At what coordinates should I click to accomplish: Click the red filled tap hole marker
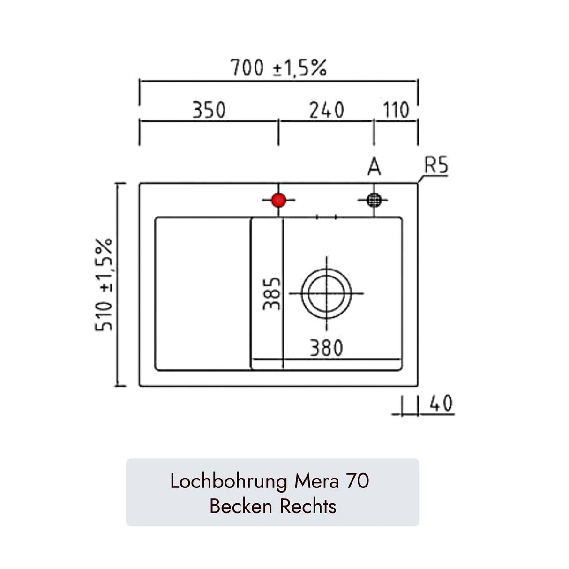point(278,200)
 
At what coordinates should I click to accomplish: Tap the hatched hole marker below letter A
point(374,200)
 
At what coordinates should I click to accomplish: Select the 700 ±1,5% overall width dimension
point(278,67)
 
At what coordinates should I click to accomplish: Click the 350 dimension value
point(209,110)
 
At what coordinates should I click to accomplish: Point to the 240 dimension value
point(327,110)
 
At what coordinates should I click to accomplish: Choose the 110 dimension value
point(396,110)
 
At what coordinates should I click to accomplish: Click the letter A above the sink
point(374,166)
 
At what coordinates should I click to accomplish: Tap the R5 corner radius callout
point(436,165)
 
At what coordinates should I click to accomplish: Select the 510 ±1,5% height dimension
point(104,284)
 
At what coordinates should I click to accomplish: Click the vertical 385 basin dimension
point(271,294)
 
